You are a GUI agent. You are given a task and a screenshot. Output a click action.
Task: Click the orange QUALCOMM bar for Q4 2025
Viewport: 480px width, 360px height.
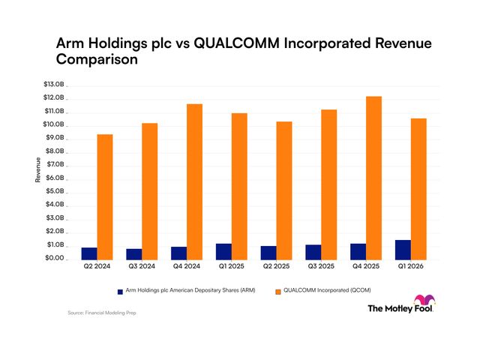tap(373, 178)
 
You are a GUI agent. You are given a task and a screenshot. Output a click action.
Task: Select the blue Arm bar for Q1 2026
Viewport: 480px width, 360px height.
tap(403, 250)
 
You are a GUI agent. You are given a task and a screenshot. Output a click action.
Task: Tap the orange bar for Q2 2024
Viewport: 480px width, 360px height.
tap(105, 197)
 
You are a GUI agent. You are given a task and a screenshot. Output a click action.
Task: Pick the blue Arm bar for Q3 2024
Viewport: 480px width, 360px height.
tap(134, 254)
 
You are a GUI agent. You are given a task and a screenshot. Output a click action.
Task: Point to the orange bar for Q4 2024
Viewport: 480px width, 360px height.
tap(195, 182)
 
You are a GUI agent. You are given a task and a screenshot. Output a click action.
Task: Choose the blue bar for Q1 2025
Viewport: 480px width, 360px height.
tap(223, 252)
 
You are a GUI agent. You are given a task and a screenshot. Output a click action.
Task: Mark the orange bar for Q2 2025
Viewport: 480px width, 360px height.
tap(284, 190)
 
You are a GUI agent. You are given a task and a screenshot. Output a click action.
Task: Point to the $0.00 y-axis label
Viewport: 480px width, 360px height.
tap(55, 258)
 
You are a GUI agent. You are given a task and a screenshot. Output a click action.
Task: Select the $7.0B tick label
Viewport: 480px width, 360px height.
tap(55, 164)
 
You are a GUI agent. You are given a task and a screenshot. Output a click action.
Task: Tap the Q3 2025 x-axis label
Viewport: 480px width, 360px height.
tap(321, 266)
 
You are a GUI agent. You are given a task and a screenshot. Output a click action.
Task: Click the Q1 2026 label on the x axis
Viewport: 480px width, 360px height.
tap(410, 266)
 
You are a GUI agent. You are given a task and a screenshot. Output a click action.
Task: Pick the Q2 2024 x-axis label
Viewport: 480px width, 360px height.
tap(97, 266)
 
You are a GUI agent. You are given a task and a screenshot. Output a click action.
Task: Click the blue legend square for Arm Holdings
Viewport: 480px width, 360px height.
tap(120, 292)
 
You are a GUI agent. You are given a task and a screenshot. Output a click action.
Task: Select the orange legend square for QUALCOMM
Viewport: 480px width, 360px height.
tap(278, 292)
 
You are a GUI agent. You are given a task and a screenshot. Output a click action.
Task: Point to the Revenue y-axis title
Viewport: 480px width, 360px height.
tap(38, 170)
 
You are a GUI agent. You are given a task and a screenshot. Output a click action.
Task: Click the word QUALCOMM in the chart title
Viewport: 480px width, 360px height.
tap(237, 43)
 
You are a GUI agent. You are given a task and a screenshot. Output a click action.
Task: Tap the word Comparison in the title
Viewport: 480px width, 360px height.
tap(97, 59)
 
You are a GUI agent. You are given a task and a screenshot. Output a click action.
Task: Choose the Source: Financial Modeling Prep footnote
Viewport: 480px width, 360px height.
tap(102, 313)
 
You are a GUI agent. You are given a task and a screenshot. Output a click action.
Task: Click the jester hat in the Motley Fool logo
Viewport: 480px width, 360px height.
tap(424, 299)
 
